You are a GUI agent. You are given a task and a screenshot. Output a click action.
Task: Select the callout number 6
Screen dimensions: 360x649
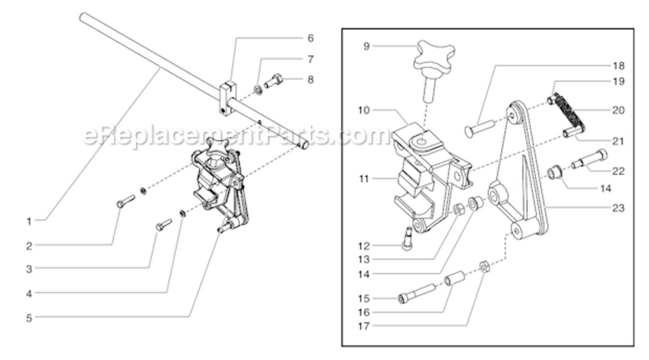point(310,38)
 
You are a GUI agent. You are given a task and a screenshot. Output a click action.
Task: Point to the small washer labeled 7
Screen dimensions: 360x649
point(258,89)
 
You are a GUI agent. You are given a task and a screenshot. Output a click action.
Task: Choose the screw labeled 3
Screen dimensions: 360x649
point(164,224)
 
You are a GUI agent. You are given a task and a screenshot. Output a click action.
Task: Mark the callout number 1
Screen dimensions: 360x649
point(29,221)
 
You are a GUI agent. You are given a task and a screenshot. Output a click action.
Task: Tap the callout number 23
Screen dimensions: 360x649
point(618,208)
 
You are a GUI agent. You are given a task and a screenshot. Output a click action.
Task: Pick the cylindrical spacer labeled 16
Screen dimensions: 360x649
point(456,279)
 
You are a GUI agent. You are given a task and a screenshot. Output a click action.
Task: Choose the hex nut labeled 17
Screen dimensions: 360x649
point(484,266)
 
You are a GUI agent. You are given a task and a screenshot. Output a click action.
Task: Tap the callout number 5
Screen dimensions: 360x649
point(29,317)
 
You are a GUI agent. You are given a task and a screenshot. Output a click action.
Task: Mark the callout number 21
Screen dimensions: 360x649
point(618,141)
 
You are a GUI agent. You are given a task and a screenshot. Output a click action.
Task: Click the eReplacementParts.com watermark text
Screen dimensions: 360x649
point(235,135)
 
